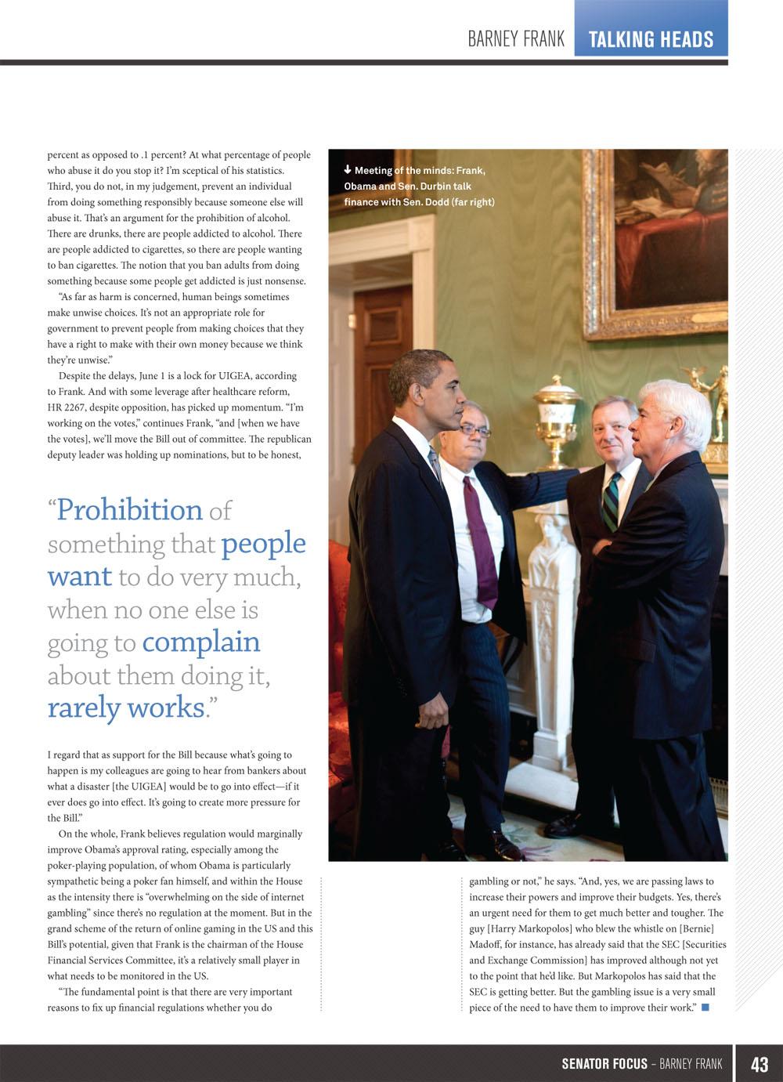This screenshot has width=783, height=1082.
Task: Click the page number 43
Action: click(759, 1064)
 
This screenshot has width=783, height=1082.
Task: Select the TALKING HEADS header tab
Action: click(651, 39)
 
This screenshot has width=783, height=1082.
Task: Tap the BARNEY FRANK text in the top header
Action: click(516, 39)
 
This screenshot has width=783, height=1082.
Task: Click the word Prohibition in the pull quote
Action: click(129, 510)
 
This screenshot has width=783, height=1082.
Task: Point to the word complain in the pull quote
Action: click(201, 642)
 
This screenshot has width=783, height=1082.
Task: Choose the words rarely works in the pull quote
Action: click(125, 707)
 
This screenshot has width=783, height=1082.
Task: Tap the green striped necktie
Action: click(610, 502)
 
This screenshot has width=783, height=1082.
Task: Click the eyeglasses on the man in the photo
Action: click(475, 430)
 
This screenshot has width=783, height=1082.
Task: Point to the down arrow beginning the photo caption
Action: click(348, 170)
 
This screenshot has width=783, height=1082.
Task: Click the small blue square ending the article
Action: click(705, 1008)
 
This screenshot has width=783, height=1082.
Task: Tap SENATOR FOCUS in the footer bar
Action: click(604, 1064)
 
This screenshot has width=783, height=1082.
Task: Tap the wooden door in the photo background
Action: click(381, 353)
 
